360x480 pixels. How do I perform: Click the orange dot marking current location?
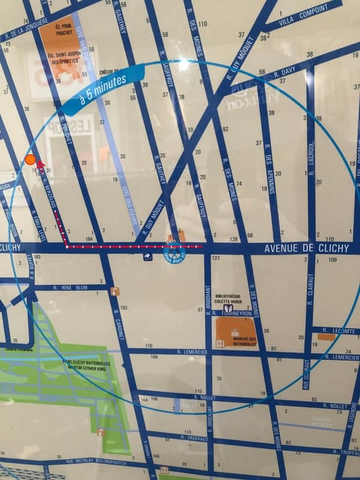30,159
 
